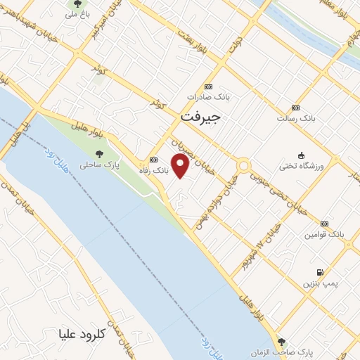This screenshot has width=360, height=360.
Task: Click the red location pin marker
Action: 181,166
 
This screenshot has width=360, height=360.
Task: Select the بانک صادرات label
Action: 205,98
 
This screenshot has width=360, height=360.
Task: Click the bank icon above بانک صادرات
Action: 204,87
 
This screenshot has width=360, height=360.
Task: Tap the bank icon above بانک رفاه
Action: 153,160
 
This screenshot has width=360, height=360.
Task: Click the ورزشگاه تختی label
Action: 302,165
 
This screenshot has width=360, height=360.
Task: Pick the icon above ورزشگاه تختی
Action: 302,155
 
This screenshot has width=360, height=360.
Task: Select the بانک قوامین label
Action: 323,232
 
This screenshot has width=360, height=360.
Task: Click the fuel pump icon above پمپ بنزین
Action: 321,272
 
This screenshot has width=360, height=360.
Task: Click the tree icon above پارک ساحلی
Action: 98,154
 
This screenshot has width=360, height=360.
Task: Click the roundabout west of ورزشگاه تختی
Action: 244,167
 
